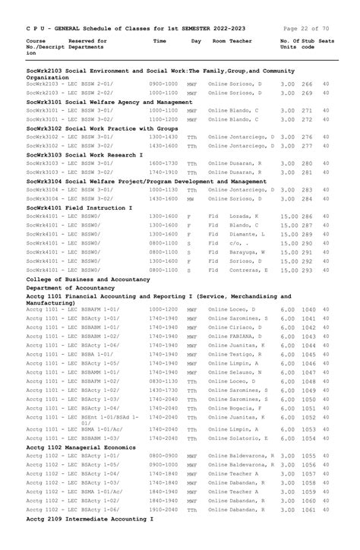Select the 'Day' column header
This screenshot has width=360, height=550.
click(x=196, y=41)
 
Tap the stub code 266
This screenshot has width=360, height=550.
click(x=307, y=84)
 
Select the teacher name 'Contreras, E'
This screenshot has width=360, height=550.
click(x=248, y=270)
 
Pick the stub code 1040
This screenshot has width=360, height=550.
click(x=308, y=310)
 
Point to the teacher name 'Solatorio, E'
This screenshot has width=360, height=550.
click(x=251, y=438)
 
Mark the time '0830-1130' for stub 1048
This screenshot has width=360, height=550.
click(x=163, y=381)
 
